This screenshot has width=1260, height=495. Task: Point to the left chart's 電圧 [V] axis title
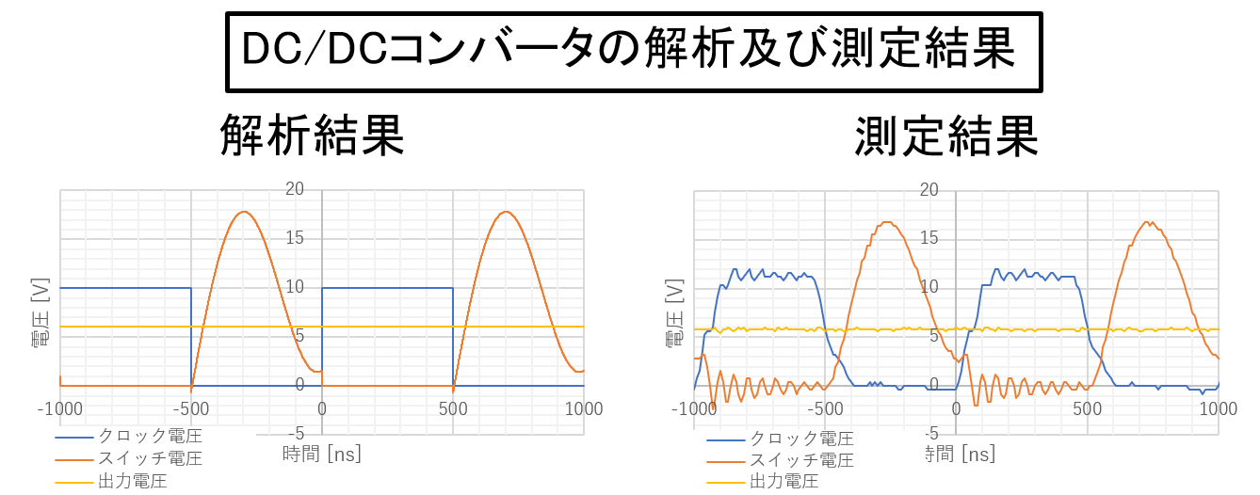pos(40,314)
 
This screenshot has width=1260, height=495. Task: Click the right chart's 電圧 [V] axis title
pos(674,314)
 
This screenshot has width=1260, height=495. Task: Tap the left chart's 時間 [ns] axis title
pos(322,454)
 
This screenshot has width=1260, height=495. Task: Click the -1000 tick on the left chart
pos(59,408)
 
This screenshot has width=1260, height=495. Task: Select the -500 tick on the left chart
pos(191,408)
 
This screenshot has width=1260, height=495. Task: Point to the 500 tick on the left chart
pos(453,408)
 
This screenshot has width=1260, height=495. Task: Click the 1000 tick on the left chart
pos(583,408)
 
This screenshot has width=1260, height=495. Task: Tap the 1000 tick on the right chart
pos(1218,408)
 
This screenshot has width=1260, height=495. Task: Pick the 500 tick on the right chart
pos(1088,408)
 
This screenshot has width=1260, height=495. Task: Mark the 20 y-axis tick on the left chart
pos(295,188)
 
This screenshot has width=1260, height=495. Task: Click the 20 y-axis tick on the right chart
pos(929,188)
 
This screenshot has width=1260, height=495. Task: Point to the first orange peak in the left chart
pos(244,211)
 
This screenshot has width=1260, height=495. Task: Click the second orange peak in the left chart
pos(506,211)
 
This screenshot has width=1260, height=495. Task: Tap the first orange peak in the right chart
pos(888,222)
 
